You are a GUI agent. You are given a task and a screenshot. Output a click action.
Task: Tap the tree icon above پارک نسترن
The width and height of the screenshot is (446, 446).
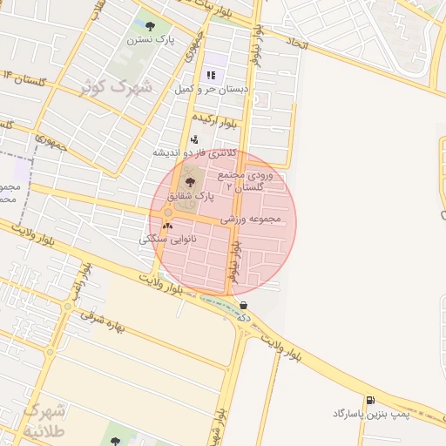[x=151, y=26]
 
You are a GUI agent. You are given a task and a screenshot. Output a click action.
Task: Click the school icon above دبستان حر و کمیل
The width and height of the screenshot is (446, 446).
[x=211, y=75]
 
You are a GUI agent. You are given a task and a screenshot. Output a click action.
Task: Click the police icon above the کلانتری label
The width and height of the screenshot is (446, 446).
[x=193, y=139]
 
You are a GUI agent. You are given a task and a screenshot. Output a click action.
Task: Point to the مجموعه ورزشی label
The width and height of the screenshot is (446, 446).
[x=252, y=219]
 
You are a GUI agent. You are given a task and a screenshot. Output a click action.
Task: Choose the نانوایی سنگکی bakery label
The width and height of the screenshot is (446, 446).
[x=168, y=238]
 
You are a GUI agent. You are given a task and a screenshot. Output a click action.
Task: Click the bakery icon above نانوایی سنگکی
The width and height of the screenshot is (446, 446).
[x=167, y=225]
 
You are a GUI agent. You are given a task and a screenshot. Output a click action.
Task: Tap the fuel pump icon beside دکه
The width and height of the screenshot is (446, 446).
[x=243, y=305]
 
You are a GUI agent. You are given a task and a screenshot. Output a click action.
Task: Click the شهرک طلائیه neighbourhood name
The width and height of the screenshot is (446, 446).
[x=44, y=419]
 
